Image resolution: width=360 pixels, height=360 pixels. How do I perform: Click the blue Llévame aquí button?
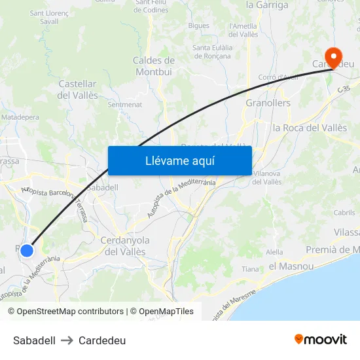coord(180,160)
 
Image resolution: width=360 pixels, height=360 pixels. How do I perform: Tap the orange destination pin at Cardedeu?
coord(333,57)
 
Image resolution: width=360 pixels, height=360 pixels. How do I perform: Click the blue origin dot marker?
coord(27,250)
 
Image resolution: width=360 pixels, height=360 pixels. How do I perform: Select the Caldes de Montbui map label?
coord(153,66)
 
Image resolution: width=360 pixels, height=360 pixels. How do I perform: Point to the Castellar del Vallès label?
coord(78,90)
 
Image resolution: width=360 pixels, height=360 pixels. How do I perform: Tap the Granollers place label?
coord(268,103)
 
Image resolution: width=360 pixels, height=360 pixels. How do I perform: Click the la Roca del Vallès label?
coord(310,128)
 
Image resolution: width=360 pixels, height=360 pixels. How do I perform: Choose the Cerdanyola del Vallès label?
coord(125,246)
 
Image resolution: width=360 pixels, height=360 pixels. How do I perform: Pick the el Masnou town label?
coord(291,266)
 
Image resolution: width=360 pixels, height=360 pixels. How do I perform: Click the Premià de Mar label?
coord(333,249)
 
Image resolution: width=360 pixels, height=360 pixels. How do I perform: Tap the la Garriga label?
coord(267,5)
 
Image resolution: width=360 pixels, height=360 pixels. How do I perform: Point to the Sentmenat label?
coord(124,104)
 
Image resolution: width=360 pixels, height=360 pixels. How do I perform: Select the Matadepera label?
coord(20,117)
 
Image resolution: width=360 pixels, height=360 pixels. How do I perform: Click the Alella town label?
coord(275,252)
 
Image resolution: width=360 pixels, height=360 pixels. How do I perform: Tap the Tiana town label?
coord(251,269)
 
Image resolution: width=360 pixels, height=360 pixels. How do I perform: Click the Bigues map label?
coord(198,26)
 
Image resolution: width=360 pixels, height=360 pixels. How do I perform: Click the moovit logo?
coord(320,340)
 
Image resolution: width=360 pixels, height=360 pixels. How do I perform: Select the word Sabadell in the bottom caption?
coord(34,340)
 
